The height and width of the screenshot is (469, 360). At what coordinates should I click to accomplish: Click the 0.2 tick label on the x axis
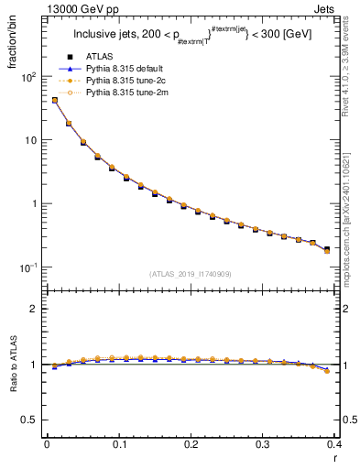tap(191, 444)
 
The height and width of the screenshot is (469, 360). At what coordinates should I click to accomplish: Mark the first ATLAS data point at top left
tap(55, 101)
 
